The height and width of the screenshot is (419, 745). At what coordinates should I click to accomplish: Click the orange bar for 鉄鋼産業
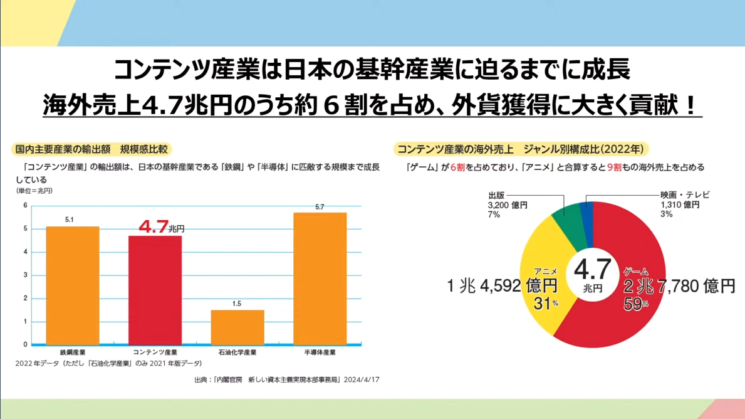click(73, 285)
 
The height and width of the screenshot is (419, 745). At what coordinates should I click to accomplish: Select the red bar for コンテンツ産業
click(155, 290)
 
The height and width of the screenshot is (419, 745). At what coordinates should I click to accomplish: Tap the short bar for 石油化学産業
click(237, 327)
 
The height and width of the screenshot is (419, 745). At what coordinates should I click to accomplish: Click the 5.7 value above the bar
click(320, 206)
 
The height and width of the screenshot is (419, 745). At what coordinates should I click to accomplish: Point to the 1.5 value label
click(237, 304)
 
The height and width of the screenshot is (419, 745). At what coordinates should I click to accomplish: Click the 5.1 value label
click(70, 220)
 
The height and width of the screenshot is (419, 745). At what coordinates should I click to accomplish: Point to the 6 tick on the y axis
click(25, 206)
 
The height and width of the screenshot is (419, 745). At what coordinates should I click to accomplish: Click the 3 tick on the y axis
click(25, 275)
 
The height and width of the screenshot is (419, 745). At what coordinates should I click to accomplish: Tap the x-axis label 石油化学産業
click(237, 353)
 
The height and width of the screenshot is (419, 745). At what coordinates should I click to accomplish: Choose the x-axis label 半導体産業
click(320, 353)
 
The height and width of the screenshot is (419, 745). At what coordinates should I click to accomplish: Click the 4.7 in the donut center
click(592, 270)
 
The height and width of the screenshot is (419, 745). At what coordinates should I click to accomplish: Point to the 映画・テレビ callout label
click(684, 196)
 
